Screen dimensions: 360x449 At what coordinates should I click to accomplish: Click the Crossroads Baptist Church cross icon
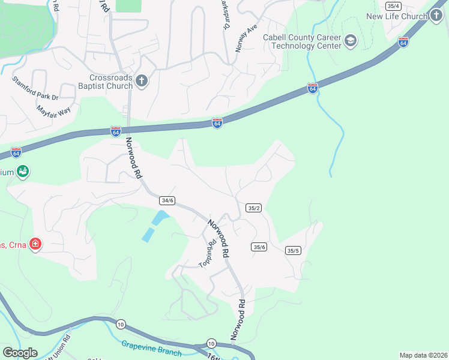142,81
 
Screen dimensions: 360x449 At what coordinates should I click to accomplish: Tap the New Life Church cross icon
436,16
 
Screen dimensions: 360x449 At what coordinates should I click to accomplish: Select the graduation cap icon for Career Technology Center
351,41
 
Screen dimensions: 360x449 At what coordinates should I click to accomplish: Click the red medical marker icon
35,244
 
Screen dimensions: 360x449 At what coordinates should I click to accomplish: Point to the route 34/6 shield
167,200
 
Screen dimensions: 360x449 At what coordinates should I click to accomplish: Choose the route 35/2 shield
253,208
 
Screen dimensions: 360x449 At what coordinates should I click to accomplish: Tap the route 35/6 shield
259,247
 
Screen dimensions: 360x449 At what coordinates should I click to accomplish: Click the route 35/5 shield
293,251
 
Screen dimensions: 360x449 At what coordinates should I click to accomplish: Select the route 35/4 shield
393,5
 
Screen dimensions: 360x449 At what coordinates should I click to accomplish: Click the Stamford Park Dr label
34,88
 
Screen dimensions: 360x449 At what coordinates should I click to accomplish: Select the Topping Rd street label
207,254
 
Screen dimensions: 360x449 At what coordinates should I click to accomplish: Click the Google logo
20,353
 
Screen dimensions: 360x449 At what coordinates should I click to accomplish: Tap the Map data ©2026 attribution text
423,355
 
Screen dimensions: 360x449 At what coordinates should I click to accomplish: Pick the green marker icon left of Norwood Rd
23,172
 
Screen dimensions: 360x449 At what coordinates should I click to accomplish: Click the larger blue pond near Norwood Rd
159,217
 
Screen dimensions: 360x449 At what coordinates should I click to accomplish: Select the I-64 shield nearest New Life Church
403,43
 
